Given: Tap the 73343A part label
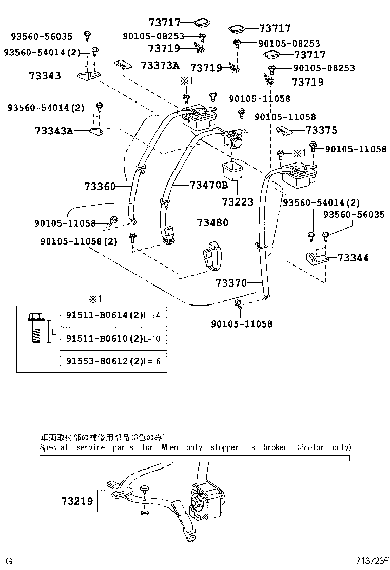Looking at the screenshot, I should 54,131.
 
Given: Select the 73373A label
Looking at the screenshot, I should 160,65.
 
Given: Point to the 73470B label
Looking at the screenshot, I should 208,185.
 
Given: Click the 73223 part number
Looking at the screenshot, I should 238,202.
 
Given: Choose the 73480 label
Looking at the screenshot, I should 213,222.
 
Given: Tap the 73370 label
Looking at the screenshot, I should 231,283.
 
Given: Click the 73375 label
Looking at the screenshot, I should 321,130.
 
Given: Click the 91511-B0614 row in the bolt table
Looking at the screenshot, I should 112,315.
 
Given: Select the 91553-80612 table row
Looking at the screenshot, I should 112,361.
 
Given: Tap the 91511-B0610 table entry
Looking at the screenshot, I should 112,338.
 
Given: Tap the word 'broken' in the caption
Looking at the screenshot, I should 275,447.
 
